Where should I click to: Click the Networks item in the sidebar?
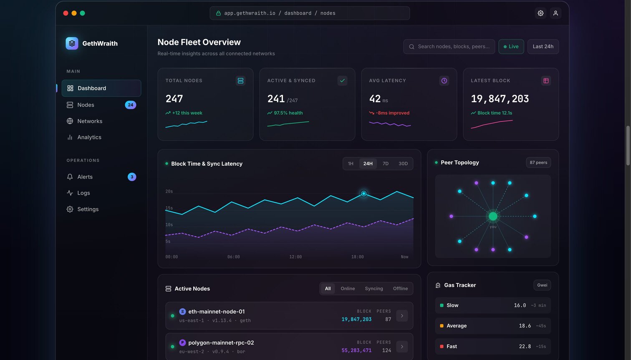point(90,121)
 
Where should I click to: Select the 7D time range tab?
point(385,164)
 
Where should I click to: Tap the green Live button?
point(511,46)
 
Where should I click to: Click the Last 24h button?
point(543,46)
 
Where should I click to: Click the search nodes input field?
point(449,46)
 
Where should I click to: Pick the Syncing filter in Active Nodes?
point(374,289)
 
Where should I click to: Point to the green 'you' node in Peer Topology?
point(493,216)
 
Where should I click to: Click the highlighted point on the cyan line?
point(363,194)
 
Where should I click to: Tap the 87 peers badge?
point(538,162)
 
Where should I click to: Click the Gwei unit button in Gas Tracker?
point(542,285)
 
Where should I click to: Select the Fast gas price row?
point(493,346)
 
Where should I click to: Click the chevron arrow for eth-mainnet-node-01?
point(402,316)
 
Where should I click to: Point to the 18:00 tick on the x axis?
point(357,257)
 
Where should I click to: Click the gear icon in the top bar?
point(540,13)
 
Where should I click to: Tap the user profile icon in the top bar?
point(555,13)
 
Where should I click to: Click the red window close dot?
point(66,13)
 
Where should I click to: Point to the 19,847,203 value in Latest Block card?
point(500,98)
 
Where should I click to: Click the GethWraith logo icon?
point(72,43)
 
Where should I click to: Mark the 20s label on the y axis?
point(169,191)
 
